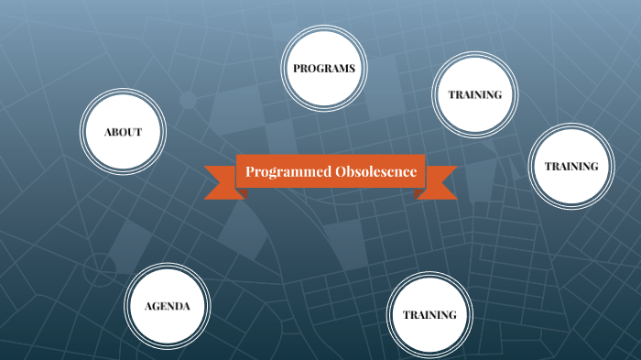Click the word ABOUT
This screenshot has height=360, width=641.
coord(123,132)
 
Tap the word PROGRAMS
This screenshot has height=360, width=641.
coord(323,69)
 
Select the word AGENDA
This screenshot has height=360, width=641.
coord(167,306)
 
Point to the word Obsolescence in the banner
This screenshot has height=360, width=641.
coord(376,172)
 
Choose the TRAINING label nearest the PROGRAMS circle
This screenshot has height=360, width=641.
coord(474,94)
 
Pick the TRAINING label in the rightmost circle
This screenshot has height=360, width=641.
coord(571,166)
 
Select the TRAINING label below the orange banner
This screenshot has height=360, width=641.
coord(429,314)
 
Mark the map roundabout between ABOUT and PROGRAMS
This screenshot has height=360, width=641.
coord(189,100)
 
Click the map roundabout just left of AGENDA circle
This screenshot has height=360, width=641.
coord(99,269)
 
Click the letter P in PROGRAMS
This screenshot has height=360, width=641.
coord(297,69)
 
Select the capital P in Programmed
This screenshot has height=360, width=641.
coord(250,172)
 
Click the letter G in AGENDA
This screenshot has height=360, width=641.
coord(157,306)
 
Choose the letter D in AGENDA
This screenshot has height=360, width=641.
coord(177,306)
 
